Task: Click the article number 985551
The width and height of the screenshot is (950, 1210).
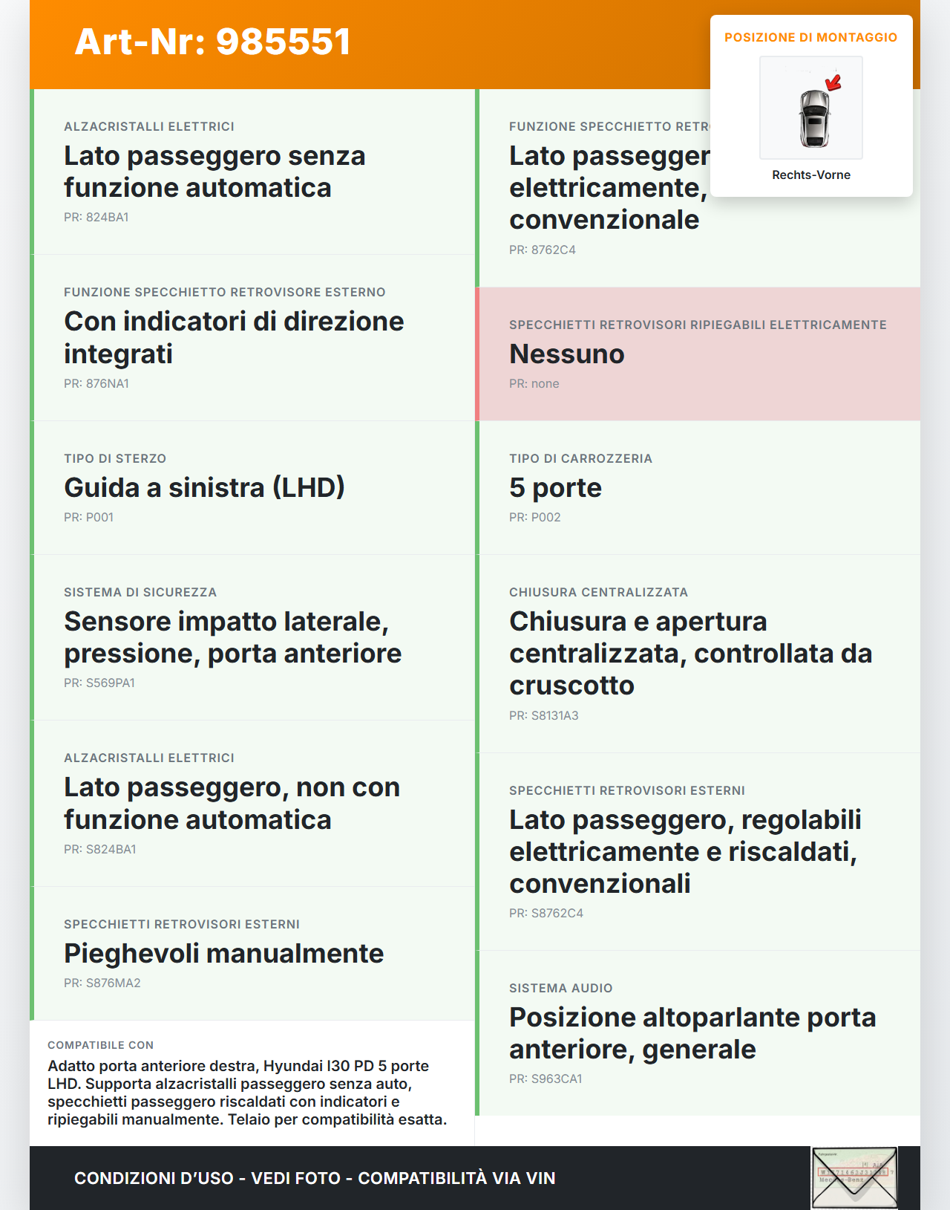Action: [x=284, y=42]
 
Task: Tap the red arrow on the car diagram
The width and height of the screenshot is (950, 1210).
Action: [x=833, y=82]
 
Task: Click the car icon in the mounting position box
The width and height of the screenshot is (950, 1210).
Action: [x=813, y=117]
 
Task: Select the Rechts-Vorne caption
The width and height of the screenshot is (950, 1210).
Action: [x=811, y=175]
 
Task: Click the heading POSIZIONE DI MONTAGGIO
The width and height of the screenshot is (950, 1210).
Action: [x=810, y=37]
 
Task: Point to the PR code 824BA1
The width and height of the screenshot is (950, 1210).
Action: [x=96, y=218]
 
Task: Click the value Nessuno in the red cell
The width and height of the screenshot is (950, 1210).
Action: [x=567, y=354]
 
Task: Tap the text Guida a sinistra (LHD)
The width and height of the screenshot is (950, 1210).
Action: [x=204, y=488]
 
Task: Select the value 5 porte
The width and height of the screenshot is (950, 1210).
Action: [x=555, y=488]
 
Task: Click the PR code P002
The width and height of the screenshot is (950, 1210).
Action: [x=535, y=518]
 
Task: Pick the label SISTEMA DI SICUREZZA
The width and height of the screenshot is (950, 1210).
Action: [x=140, y=593]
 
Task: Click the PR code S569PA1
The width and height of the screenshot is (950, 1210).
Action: [x=99, y=683]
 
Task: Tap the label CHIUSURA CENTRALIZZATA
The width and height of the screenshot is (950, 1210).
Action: [x=598, y=593]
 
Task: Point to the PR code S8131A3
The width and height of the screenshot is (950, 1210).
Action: [x=544, y=716]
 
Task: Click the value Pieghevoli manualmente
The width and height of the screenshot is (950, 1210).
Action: [x=223, y=954]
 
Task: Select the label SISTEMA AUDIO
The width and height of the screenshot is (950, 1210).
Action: [x=560, y=989]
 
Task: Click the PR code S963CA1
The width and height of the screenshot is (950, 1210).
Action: [x=546, y=1079]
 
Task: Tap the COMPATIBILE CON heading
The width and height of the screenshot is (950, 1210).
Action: [x=100, y=1045]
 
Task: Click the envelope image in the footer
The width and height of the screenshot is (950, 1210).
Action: [x=854, y=1177]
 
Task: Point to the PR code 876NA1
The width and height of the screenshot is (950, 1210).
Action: [x=96, y=384]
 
